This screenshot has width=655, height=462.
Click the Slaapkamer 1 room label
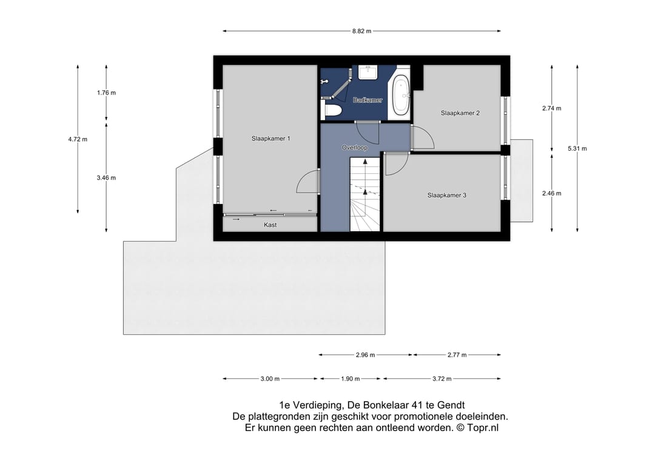click(270, 139)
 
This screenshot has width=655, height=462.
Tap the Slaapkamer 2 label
click(460, 113)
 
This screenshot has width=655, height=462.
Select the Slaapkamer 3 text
click(446, 195)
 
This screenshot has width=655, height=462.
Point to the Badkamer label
click(368, 100)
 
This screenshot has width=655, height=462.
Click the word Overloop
click(355, 148)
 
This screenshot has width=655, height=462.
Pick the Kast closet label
click(270, 225)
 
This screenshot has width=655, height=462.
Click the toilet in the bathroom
click(332, 110)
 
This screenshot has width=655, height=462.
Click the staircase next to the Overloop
click(365, 194)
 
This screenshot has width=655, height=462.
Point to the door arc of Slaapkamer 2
click(423, 137)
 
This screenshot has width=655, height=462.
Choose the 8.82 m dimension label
click(361, 31)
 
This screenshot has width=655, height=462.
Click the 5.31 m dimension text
click(577, 148)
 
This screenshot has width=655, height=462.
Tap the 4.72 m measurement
click(78, 139)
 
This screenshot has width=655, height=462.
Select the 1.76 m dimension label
click(107, 93)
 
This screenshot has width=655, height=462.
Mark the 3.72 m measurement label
click(442, 379)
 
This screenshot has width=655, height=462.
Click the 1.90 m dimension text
click(351, 379)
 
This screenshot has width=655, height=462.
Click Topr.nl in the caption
click(483, 428)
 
